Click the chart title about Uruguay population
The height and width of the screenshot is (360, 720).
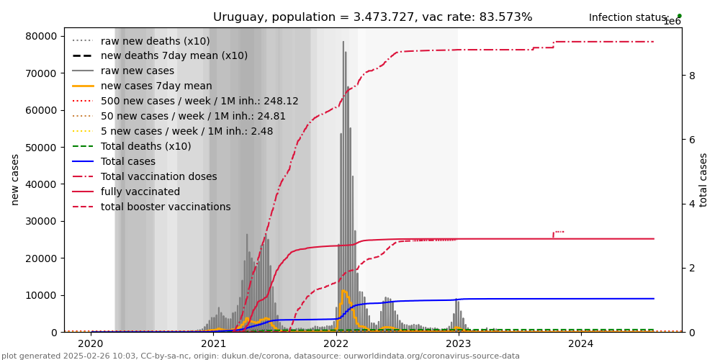[372, 17]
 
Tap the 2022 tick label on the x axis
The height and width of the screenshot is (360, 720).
[336, 343]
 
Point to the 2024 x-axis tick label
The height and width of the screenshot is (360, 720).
[582, 343]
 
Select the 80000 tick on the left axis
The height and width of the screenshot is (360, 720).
[41, 36]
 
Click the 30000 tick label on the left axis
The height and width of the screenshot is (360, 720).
[41, 221]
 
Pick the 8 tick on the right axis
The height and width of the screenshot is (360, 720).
[692, 76]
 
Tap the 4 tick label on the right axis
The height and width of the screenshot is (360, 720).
[692, 204]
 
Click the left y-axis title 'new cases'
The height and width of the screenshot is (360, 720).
[15, 179]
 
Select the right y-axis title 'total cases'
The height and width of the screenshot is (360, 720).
[703, 179]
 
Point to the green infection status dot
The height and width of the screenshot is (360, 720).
[679, 16]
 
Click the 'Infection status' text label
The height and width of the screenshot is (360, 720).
[629, 18]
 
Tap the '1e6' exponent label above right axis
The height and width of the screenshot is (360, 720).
[672, 22]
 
